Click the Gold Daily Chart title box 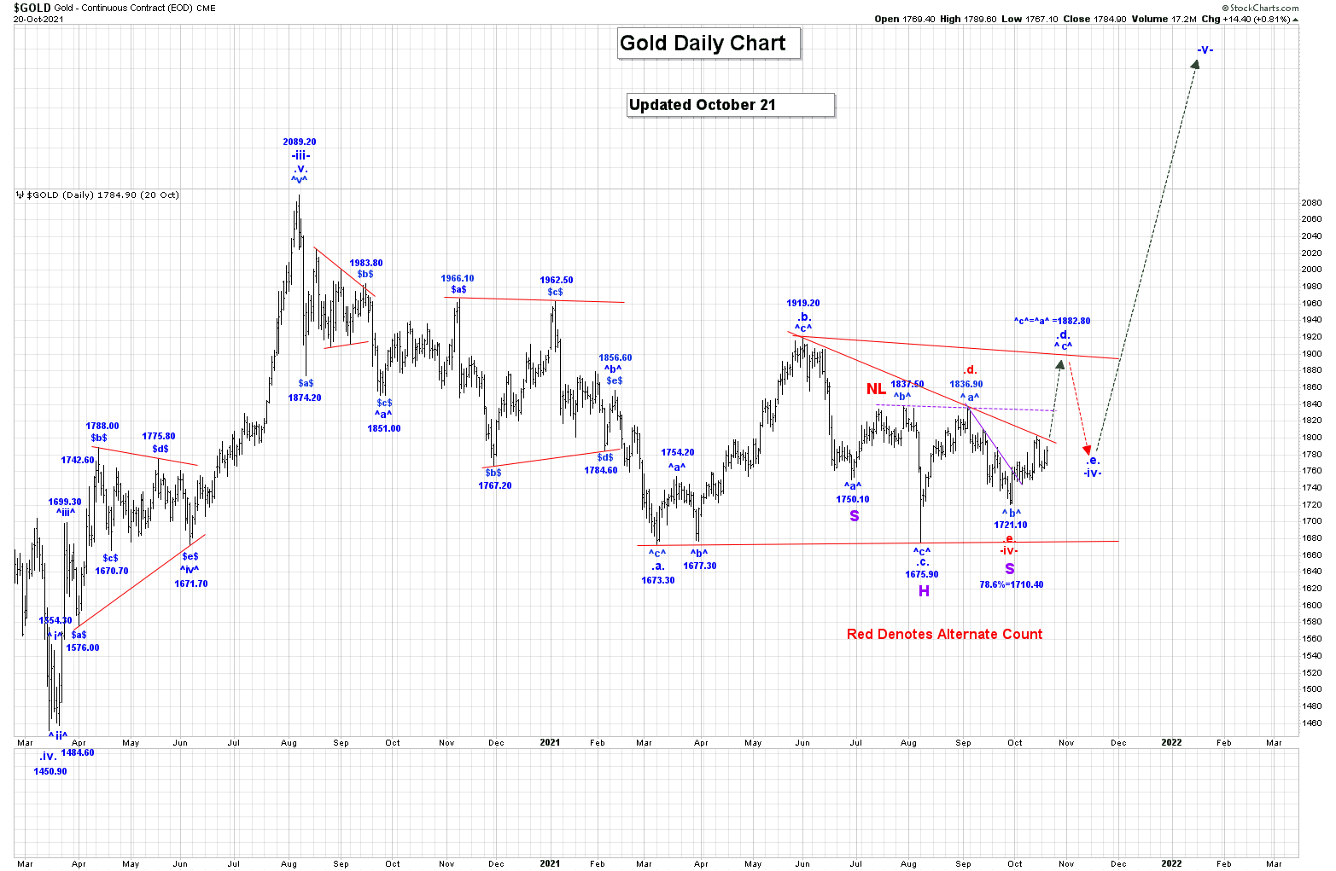pyautogui.click(x=708, y=44)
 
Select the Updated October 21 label pyautogui.click(x=730, y=105)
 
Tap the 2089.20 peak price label pyautogui.click(x=300, y=142)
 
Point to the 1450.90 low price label pyautogui.click(x=50, y=771)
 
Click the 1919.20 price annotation pyautogui.click(x=802, y=303)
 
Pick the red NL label pyautogui.click(x=876, y=389)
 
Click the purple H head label pyautogui.click(x=924, y=591)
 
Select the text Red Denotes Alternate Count pyautogui.click(x=944, y=634)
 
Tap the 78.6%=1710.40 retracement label pyautogui.click(x=1011, y=584)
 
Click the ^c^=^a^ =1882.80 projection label pyautogui.click(x=1052, y=321)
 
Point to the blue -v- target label pyautogui.click(x=1205, y=50)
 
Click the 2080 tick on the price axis pyautogui.click(x=1311, y=202)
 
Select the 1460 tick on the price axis pyautogui.click(x=1311, y=723)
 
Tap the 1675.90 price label pyautogui.click(x=922, y=574)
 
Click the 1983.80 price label pyautogui.click(x=365, y=263)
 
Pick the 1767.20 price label pyautogui.click(x=495, y=485)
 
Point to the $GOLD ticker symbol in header pyautogui.click(x=32, y=8)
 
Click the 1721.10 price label pyautogui.click(x=1011, y=525)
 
